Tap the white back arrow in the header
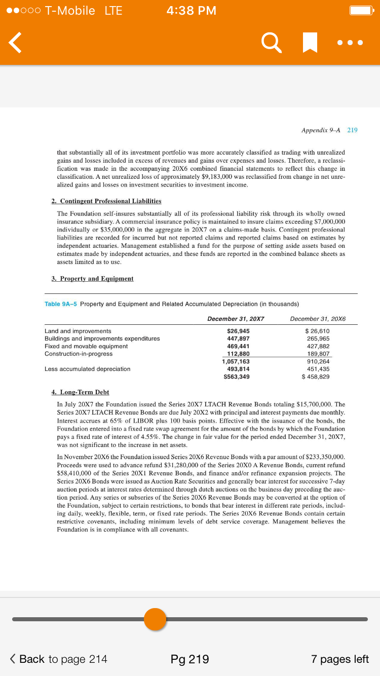point(16,43)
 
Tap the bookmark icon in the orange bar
point(310,43)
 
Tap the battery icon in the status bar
point(362,11)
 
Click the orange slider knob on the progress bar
point(155,619)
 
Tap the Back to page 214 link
point(59,659)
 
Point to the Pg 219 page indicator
point(190,659)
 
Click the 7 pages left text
point(339,659)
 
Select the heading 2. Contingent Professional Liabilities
point(106,201)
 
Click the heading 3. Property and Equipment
point(93,279)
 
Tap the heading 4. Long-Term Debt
point(81,392)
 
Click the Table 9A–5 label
point(61,304)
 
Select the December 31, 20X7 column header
point(236,319)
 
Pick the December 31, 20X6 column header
point(318,319)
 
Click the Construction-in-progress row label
point(79,354)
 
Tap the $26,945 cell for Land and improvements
point(238,331)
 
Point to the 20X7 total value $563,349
point(237,377)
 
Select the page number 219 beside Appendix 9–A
point(352,130)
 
